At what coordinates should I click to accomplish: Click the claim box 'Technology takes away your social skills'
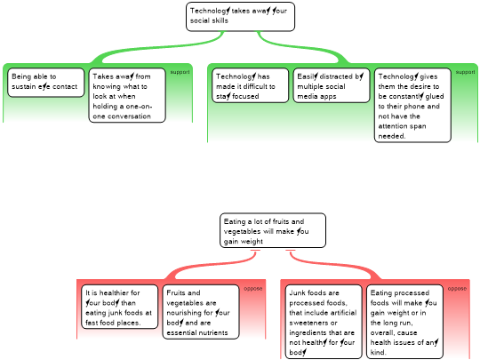pyautogui.click(x=240, y=17)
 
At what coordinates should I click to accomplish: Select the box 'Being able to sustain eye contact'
pyautogui.click(x=46, y=83)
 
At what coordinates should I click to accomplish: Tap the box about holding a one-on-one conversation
pyautogui.click(x=127, y=95)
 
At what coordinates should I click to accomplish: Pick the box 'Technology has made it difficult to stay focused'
pyautogui.click(x=250, y=85)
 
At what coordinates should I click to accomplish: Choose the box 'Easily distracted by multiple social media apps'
pyautogui.click(x=332, y=85)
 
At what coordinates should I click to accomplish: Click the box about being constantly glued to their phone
pyautogui.click(x=412, y=105)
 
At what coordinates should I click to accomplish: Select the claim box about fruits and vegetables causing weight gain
pyautogui.click(x=273, y=230)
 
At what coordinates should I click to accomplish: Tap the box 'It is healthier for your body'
pyautogui.click(x=120, y=307)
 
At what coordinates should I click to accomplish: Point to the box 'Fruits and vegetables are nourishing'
pyautogui.click(x=201, y=312)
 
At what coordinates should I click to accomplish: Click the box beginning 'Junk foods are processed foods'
pyautogui.click(x=324, y=322)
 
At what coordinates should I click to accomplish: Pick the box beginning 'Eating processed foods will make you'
pyautogui.click(x=404, y=322)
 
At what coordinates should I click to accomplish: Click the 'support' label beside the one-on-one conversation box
pyautogui.click(x=180, y=72)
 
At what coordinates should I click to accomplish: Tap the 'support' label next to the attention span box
pyautogui.click(x=465, y=72)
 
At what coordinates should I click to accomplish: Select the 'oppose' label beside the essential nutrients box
pyautogui.click(x=253, y=289)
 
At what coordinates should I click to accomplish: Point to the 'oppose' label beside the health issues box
pyautogui.click(x=457, y=289)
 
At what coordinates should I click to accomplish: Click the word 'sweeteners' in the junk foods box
pyautogui.click(x=313, y=323)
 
